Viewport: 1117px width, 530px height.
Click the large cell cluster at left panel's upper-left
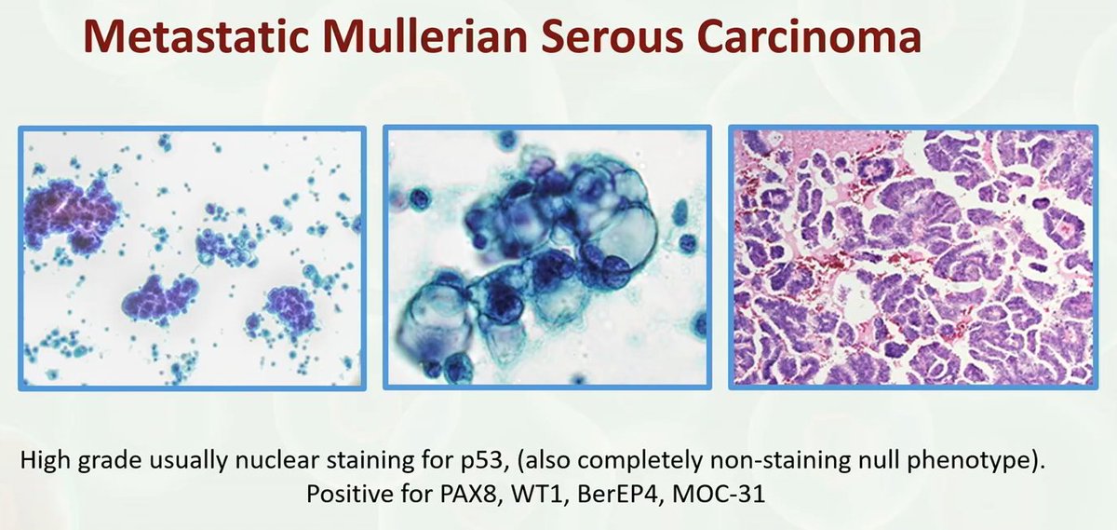coord(70,210)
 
